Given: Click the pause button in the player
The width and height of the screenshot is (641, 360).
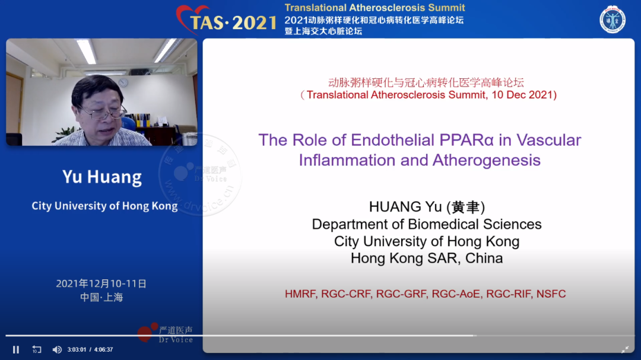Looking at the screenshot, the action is [x=16, y=350].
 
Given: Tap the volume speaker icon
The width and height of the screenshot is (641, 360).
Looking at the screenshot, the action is [x=57, y=350].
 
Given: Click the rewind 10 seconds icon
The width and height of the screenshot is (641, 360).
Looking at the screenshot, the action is [x=37, y=350].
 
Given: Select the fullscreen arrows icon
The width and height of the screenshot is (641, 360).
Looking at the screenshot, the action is [x=625, y=349].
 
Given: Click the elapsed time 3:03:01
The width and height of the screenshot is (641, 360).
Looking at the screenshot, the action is [x=77, y=350].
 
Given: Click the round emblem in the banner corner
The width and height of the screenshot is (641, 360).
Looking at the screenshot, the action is [x=612, y=19].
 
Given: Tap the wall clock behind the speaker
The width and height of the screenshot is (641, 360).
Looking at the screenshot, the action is [x=123, y=83].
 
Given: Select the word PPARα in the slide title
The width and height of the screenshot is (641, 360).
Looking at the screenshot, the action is [x=467, y=140].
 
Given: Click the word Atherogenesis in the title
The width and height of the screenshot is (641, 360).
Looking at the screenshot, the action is [x=487, y=160].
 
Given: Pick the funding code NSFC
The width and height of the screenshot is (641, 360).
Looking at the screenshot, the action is [x=551, y=294].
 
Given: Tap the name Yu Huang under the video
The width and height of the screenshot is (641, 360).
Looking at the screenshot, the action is [x=102, y=177].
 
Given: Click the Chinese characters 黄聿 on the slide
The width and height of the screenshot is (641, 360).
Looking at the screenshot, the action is [x=466, y=207].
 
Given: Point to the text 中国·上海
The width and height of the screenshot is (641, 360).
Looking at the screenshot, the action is [x=101, y=297].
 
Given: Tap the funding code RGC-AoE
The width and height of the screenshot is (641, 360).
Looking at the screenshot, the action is [x=456, y=294].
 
